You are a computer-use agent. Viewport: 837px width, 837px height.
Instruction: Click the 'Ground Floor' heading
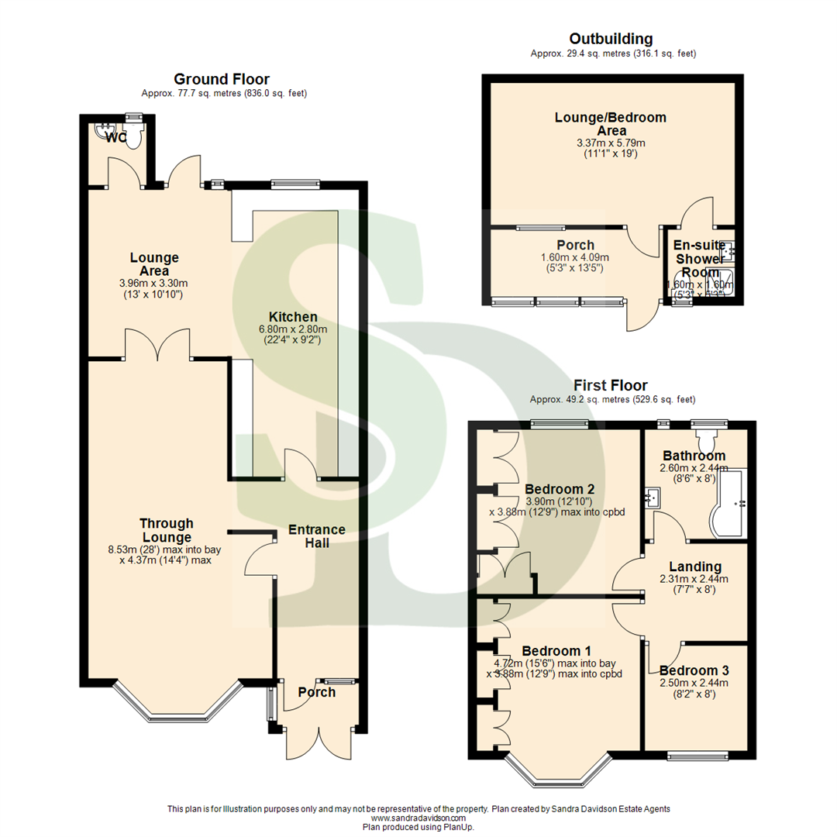click(x=221, y=79)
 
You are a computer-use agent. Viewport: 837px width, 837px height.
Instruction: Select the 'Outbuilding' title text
click(x=611, y=39)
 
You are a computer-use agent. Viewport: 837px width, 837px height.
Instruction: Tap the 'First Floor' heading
click(x=611, y=385)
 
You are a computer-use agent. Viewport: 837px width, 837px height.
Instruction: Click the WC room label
click(x=116, y=138)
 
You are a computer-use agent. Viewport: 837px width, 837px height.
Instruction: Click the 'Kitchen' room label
click(x=293, y=317)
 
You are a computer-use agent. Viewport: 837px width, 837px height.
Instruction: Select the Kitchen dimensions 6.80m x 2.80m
click(x=293, y=329)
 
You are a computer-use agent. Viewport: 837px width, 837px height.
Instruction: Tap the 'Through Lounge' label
click(x=167, y=531)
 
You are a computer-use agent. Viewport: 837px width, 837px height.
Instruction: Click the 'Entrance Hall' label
click(x=317, y=536)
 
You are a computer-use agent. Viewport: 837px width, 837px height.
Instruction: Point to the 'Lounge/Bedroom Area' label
click(x=611, y=124)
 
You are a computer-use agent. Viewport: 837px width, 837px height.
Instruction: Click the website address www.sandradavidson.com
click(x=418, y=818)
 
